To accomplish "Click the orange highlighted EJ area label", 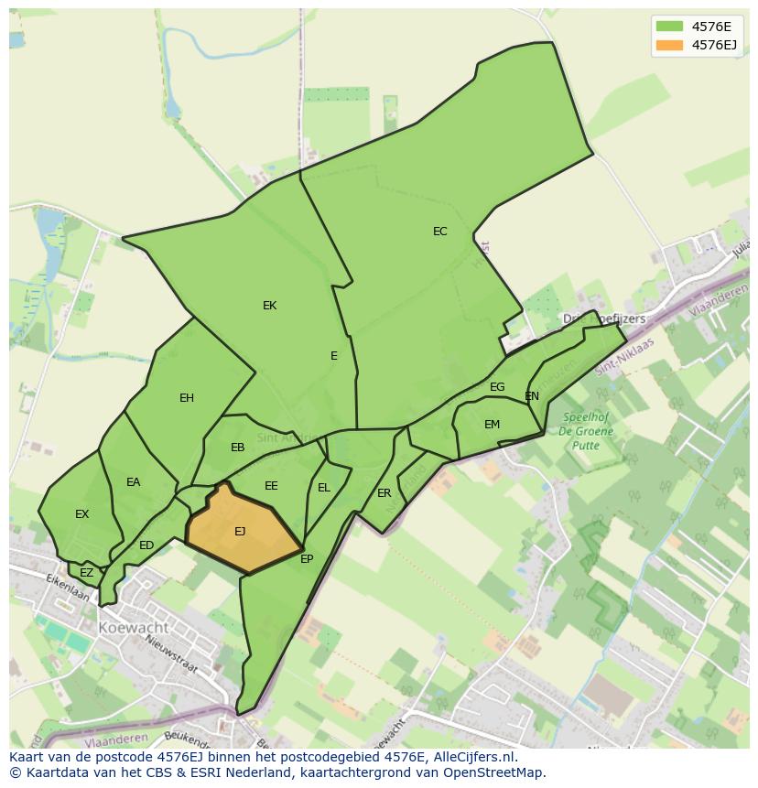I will [240, 532].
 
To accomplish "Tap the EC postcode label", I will [440, 232].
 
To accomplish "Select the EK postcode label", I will [269, 306].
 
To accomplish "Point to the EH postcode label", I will [187, 398].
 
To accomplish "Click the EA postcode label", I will [134, 482].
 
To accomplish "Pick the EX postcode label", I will [82, 514].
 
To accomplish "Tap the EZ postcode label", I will [87, 573].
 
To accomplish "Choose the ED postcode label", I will [146, 545].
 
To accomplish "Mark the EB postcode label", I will [238, 448].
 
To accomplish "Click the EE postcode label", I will [271, 486].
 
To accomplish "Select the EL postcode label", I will [324, 488].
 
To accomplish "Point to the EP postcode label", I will [307, 559].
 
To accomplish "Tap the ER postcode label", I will [384, 493].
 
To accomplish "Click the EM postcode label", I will [493, 425].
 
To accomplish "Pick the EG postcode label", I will [497, 387].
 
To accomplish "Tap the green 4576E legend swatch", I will [669, 26].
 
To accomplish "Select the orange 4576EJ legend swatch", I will [669, 45].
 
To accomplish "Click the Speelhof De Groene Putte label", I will [585, 431].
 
